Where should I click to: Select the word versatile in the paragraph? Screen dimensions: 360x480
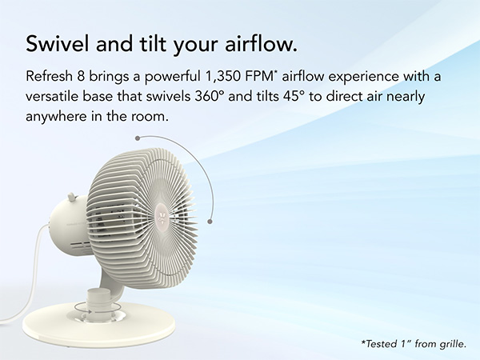pyautogui.click(x=54, y=98)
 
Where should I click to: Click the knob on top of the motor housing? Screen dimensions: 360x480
pyautogui.click(x=71, y=197)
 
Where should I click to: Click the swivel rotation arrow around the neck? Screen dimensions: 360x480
pyautogui.click(x=94, y=306)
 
